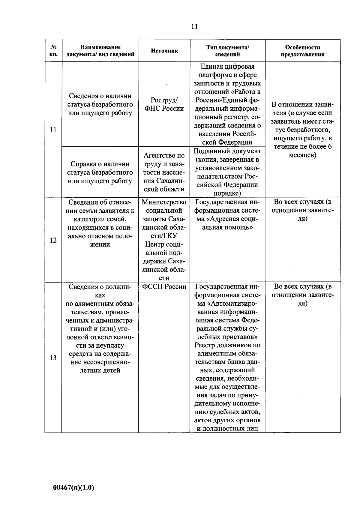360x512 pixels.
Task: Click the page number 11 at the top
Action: (194, 26)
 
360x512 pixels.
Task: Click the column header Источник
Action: (164, 51)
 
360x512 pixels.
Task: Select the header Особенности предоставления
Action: (302, 51)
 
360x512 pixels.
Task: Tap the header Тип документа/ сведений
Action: (227, 51)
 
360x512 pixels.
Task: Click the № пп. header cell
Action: (53, 51)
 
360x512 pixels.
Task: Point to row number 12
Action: (53, 240)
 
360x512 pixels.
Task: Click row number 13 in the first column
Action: (53, 358)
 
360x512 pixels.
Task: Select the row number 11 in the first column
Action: (53, 130)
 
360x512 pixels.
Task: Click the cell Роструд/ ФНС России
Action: (164, 104)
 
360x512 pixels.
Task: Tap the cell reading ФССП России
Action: (164, 287)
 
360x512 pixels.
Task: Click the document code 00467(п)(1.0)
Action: (73, 487)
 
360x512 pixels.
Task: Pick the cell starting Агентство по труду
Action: (164, 172)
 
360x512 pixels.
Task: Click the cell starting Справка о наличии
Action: (100, 172)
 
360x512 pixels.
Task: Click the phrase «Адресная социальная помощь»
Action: (227, 223)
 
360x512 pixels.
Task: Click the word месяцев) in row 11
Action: (302, 155)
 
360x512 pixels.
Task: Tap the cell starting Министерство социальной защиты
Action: (164, 240)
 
